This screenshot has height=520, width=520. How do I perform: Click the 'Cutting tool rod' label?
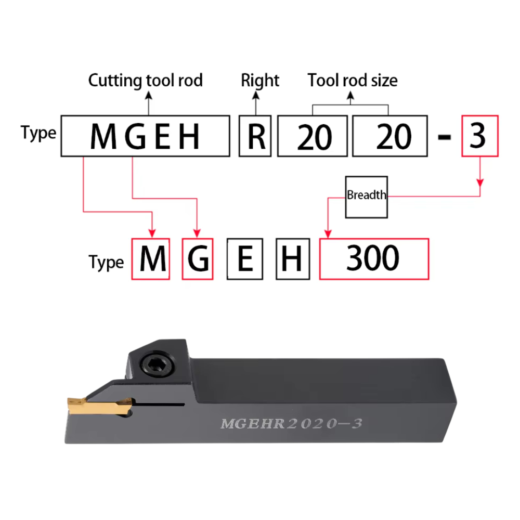pyautogui.click(x=145, y=81)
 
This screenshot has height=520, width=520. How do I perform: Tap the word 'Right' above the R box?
pyautogui.click(x=260, y=81)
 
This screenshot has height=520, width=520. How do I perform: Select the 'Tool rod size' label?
pyautogui.click(x=353, y=80)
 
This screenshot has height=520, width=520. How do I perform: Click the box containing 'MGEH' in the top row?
pyautogui.click(x=145, y=136)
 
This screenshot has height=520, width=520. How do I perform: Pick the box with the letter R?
pyautogui.click(x=255, y=136)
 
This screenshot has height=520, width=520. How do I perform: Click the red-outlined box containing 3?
pyautogui.click(x=480, y=136)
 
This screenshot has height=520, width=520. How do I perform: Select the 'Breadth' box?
pyautogui.click(x=367, y=197)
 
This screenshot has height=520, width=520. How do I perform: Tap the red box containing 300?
pyautogui.click(x=374, y=259)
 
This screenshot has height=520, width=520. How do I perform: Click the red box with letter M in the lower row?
pyautogui.click(x=151, y=259)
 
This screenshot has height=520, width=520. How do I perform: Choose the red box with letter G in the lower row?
pyautogui.click(x=198, y=259)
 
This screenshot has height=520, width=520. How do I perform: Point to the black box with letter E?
pyautogui.click(x=245, y=259)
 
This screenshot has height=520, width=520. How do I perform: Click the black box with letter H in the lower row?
pyautogui.click(x=293, y=259)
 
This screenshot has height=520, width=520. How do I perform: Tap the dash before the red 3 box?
pyautogui.click(x=445, y=136)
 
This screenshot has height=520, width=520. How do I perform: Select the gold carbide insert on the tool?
pyautogui.click(x=99, y=406)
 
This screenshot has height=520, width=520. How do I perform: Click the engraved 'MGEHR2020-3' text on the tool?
pyautogui.click(x=292, y=423)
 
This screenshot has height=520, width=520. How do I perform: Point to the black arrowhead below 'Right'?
pyautogui.click(x=256, y=95)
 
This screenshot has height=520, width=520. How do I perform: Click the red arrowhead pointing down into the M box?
pyautogui.click(x=152, y=233)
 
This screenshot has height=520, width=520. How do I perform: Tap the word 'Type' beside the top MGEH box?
pyautogui.click(x=38, y=134)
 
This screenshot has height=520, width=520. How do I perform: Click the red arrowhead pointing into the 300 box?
pyautogui.click(x=328, y=233)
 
